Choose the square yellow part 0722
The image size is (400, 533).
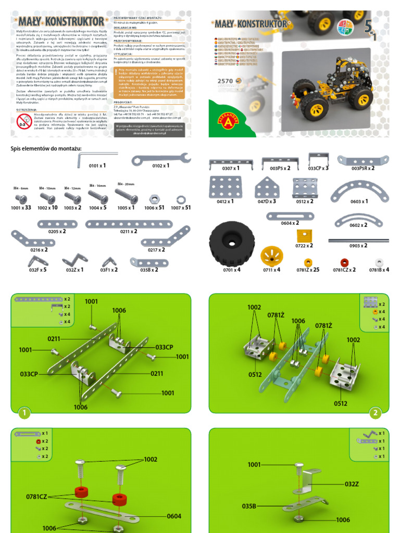[304, 236]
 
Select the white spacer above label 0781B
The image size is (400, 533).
[379, 262]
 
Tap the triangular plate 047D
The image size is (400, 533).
[266, 187]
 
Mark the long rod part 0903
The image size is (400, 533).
[358, 240]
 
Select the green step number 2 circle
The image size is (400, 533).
[376, 413]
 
